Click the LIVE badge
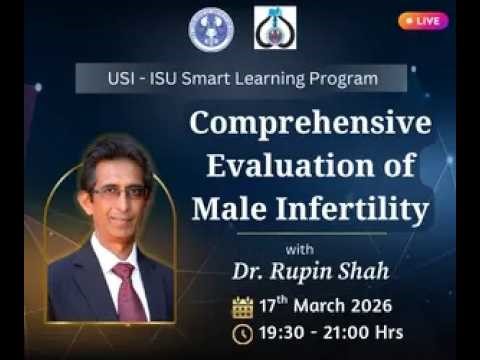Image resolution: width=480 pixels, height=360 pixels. [422, 20]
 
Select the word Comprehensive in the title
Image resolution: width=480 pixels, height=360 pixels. [310, 125]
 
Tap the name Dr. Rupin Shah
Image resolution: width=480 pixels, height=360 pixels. [297, 271]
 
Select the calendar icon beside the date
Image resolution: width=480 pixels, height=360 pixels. [242, 306]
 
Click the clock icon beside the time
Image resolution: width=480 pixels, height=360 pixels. [242, 334]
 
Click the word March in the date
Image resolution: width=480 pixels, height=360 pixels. [319, 305]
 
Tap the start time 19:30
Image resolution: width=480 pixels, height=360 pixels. [284, 334]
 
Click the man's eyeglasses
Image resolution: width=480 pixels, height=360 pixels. [118, 190]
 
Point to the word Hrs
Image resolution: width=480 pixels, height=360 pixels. [384, 334]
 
